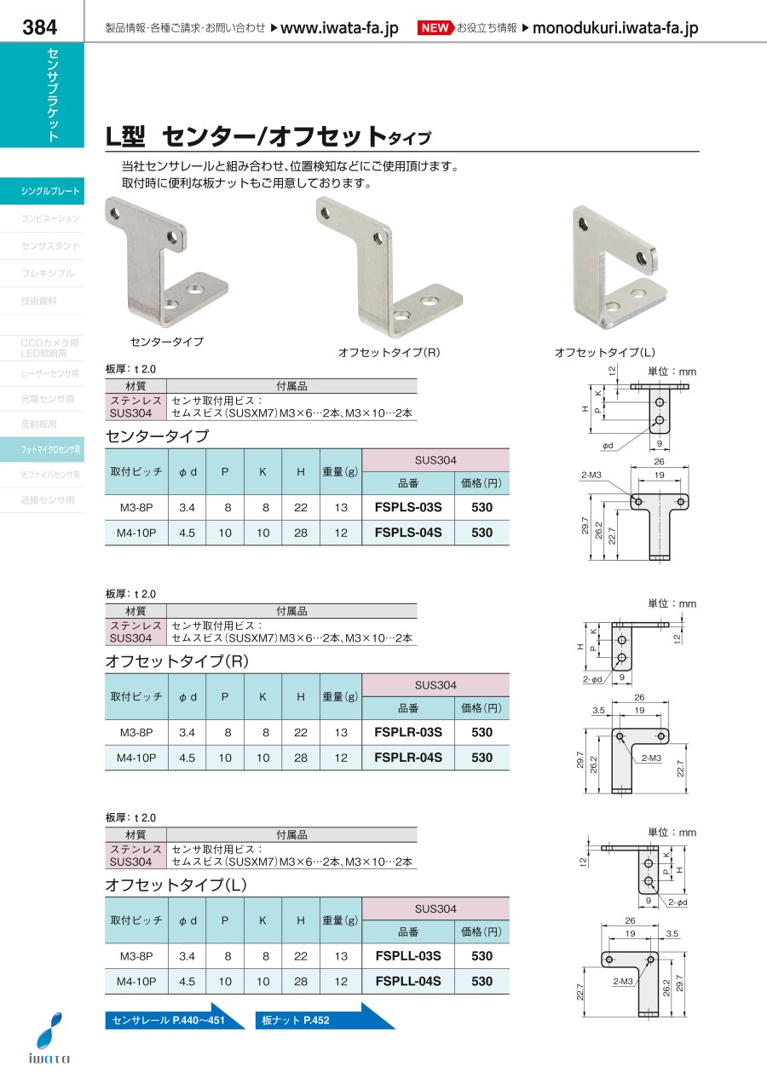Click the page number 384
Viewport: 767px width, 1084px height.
40,27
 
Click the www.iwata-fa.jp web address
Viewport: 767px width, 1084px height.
339,28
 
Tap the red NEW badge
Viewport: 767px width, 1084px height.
435,28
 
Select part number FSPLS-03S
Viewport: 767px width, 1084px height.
408,507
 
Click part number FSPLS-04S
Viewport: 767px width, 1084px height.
408,533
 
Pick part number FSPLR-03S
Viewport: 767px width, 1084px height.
408,732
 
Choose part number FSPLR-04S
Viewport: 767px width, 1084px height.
408,758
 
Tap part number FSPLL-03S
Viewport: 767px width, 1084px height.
408,956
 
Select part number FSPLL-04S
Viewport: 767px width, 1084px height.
408,981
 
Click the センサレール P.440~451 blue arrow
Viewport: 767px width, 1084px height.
174,1020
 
